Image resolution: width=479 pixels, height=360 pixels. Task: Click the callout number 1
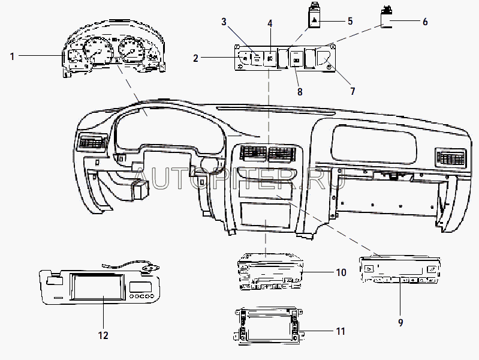pos(12,56)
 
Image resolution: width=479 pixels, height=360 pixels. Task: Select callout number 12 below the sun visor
pos(103,335)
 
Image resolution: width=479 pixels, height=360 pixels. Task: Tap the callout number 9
pos(400,322)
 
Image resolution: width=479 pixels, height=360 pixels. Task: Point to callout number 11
pos(341,331)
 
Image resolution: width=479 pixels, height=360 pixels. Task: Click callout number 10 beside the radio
pos(341,272)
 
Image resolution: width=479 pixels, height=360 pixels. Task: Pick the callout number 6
pos(425,22)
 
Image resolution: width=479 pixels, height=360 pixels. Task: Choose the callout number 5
pos(350,21)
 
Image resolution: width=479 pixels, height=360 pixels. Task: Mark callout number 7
pos(353,91)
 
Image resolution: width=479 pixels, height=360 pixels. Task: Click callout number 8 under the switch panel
pos(300,92)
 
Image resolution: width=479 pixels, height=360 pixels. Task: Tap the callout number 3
pos(224,22)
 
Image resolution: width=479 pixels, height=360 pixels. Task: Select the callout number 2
pos(195,58)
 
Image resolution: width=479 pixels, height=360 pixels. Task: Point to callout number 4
pos(270,23)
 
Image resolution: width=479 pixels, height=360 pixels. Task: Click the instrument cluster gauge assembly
pos(115,49)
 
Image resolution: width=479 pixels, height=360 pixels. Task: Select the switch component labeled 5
pos(314,15)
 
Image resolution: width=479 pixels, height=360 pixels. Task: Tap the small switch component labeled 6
pos(387,17)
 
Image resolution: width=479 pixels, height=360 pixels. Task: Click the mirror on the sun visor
pos(98,287)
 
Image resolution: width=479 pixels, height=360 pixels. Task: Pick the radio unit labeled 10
pos(270,272)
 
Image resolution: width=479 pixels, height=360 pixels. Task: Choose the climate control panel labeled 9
pos(400,269)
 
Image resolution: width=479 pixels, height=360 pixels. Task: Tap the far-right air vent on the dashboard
pos(450,157)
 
